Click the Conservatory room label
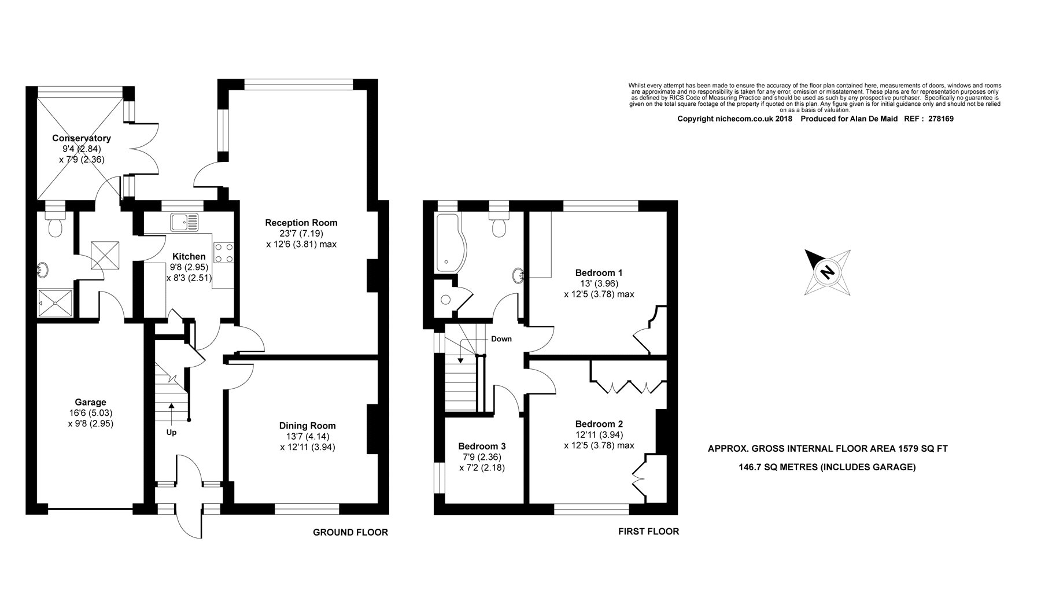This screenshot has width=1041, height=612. [x=82, y=138]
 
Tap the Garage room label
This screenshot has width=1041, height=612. [x=90, y=402]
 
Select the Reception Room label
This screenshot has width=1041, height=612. [x=301, y=223]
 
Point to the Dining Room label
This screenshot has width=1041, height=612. [x=307, y=426]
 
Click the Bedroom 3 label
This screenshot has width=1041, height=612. [x=482, y=446]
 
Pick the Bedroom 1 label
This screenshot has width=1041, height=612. [x=599, y=272]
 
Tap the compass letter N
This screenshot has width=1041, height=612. [x=828, y=271]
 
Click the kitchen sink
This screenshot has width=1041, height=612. [x=184, y=222]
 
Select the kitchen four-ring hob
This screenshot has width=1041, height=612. [x=224, y=252]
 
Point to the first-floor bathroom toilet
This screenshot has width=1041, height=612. [x=497, y=223]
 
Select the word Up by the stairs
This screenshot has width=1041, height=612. [x=172, y=432]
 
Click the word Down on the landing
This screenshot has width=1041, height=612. [x=501, y=339]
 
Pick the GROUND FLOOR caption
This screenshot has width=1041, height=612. [x=350, y=532]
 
